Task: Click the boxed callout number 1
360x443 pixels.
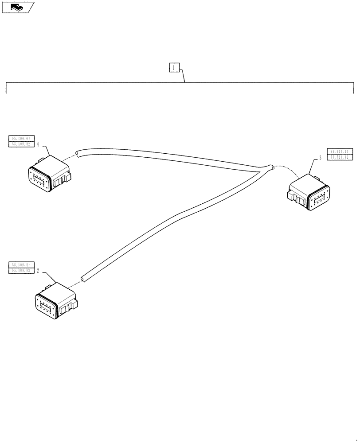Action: point(174,68)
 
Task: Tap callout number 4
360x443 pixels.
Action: point(39,144)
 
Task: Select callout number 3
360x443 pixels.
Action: point(320,157)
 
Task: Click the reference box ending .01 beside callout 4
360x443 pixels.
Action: point(21,139)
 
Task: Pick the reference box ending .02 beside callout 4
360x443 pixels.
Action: point(21,144)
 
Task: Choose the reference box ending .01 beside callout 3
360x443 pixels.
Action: point(340,152)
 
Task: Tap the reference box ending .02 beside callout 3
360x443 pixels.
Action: point(340,158)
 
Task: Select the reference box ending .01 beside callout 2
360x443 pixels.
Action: point(21,265)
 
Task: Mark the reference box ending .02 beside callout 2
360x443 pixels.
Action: point(21,270)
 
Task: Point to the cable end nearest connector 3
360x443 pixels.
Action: point(272,167)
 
